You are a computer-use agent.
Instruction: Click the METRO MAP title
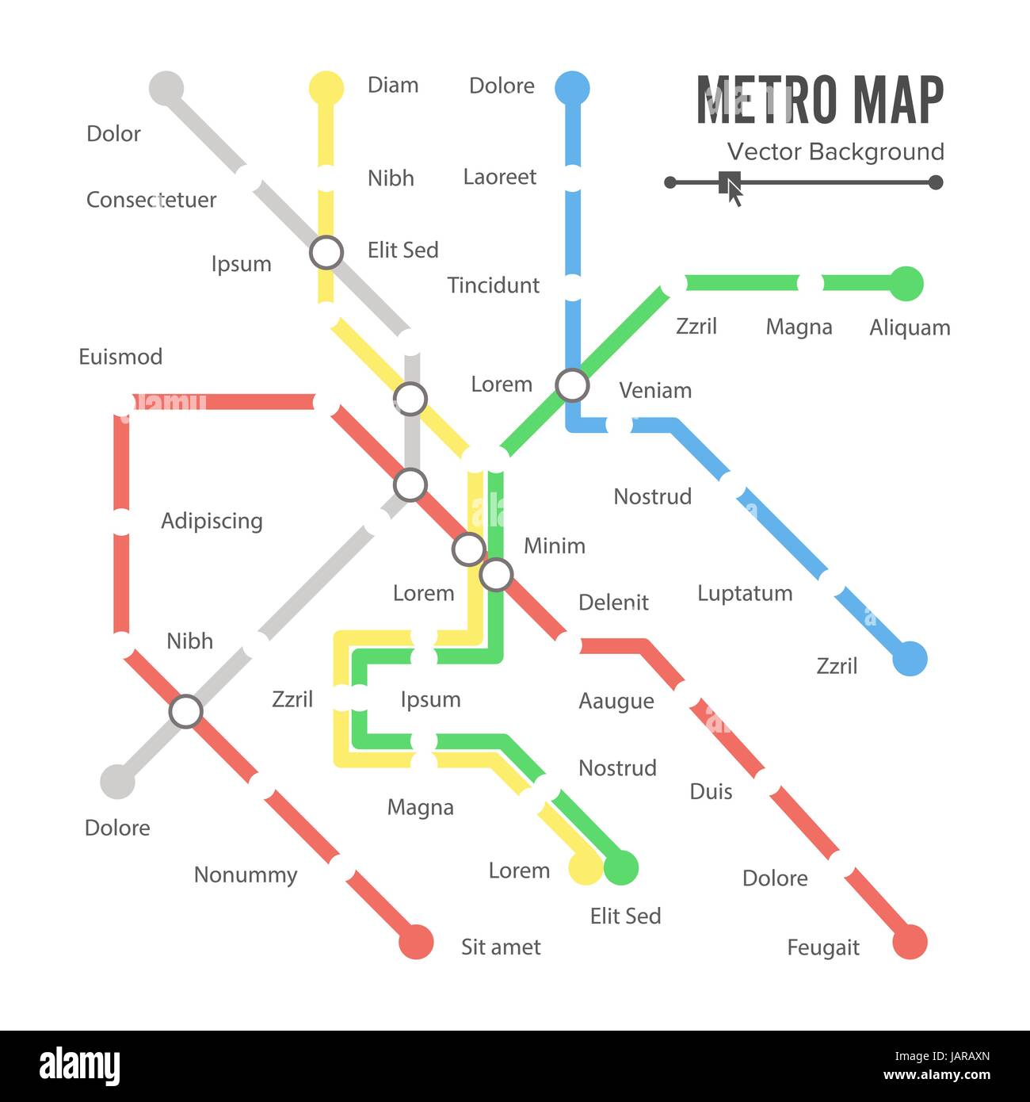[x=820, y=100]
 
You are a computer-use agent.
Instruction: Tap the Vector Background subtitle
[x=835, y=151]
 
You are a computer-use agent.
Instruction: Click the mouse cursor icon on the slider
[x=732, y=186]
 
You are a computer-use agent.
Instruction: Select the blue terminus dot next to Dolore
[x=572, y=88]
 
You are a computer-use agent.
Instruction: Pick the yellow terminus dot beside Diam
[x=326, y=88]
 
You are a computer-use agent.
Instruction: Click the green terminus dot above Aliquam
[x=906, y=284]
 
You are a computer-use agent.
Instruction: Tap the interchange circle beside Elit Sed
[x=326, y=253]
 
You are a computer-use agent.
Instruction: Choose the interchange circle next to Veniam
[x=572, y=385]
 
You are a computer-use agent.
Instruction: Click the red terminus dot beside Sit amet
[x=416, y=942]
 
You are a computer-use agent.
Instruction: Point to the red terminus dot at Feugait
[x=910, y=943]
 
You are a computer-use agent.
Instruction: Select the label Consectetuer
[x=151, y=200]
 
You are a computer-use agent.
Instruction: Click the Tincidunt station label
[x=493, y=285]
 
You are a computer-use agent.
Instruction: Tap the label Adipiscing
[x=212, y=521]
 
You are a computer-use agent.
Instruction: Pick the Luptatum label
[x=745, y=594]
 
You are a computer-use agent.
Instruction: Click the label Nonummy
[x=246, y=875]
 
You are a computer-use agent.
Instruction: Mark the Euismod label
[x=120, y=357]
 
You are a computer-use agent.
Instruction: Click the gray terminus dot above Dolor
[x=166, y=88]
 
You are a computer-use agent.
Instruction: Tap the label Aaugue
[x=616, y=702]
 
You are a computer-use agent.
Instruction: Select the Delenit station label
[x=613, y=603]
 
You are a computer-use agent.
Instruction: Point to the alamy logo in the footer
[x=79, y=1066]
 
